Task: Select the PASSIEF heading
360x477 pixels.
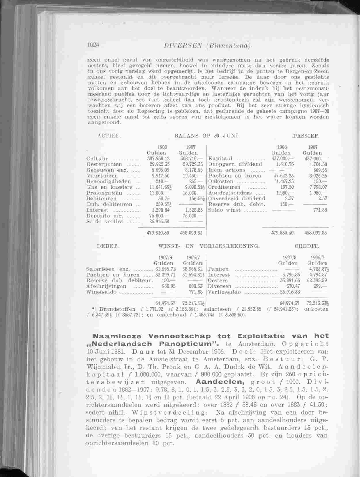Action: [x=306, y=136]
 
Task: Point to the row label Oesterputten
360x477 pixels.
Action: [x=104, y=164]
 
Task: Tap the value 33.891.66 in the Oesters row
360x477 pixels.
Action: [x=289, y=281]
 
